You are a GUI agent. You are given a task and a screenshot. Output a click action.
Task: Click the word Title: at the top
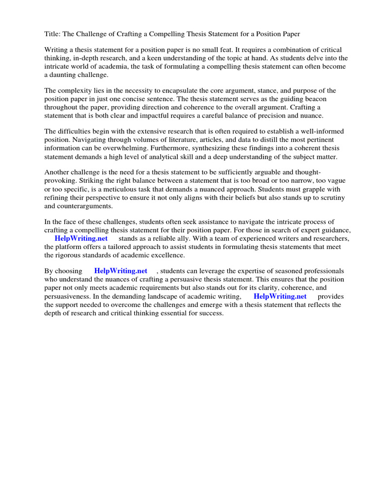pyautogui.click(x=53, y=34)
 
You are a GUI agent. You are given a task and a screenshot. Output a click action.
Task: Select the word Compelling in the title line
pyautogui.click(x=183, y=34)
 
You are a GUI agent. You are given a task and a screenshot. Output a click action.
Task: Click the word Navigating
pyautogui.click(x=89, y=140)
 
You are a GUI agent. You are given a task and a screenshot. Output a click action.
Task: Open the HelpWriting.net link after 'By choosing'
pyautogui.click(x=121, y=271)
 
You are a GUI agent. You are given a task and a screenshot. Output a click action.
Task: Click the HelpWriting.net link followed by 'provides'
pyautogui.click(x=280, y=296)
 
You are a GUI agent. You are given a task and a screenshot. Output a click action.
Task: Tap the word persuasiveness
pyautogui.click(x=68, y=296)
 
